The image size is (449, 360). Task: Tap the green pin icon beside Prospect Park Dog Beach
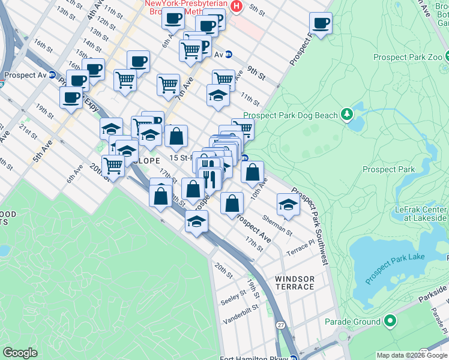tap(346, 113)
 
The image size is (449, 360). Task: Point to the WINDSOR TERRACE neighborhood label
tap(294, 283)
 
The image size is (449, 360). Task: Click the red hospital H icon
tap(237, 7)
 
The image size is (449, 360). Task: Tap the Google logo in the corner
tap(20, 353)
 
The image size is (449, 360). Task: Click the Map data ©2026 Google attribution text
tap(411, 355)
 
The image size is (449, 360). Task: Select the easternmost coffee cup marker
tap(321, 23)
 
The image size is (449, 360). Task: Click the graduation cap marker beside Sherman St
tap(288, 205)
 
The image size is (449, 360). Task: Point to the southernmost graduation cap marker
tap(196, 221)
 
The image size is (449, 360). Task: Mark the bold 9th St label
tap(254, 76)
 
